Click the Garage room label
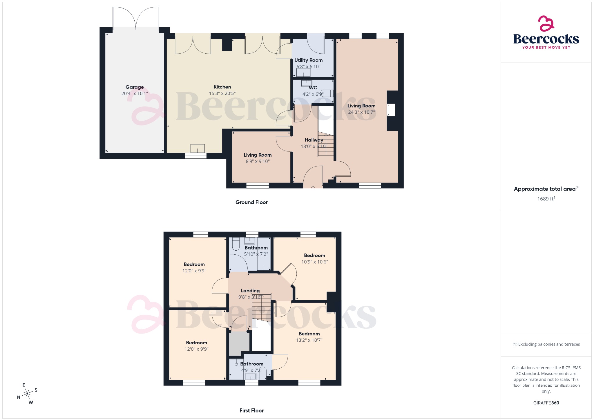click(135, 87)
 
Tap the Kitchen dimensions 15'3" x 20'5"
click(222, 93)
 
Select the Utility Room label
click(308, 60)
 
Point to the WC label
click(313, 88)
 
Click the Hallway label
click(314, 140)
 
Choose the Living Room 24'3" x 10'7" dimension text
click(361, 112)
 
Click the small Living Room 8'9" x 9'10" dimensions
click(258, 161)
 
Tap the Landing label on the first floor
click(250, 291)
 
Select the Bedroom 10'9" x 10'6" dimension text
click(314, 262)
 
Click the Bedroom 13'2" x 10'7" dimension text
click(309, 340)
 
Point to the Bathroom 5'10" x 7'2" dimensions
click(256, 254)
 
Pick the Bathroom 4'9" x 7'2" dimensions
click(251, 370)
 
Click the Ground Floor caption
click(251, 202)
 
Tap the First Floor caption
click(251, 411)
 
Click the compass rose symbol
click(28, 394)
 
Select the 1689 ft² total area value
click(546, 199)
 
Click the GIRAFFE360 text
click(546, 403)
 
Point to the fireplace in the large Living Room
click(391, 110)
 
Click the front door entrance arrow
click(313, 187)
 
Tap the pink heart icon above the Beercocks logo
click(546, 23)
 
